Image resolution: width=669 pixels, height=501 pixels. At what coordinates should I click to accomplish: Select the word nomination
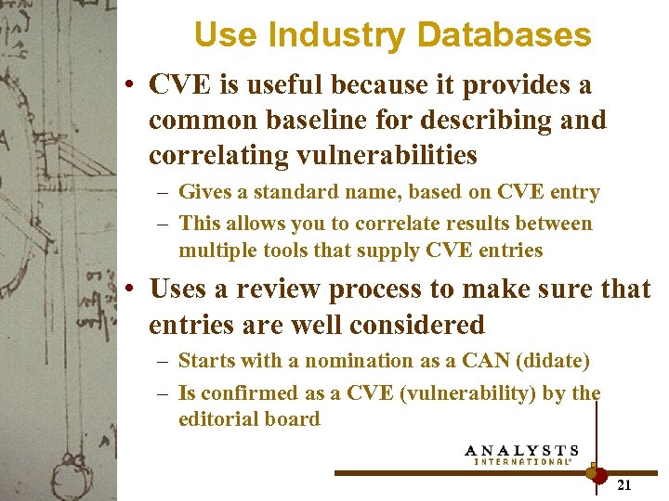click(x=336, y=361)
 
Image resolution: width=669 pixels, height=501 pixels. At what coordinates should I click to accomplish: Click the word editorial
click(x=216, y=419)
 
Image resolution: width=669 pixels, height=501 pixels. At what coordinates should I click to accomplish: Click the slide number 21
click(x=624, y=485)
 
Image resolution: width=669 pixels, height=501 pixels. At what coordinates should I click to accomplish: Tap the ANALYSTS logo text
click(x=521, y=451)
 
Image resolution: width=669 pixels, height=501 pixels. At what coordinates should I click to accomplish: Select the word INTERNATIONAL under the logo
click(x=522, y=461)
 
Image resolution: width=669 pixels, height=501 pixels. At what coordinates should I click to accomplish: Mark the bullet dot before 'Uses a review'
click(x=131, y=289)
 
